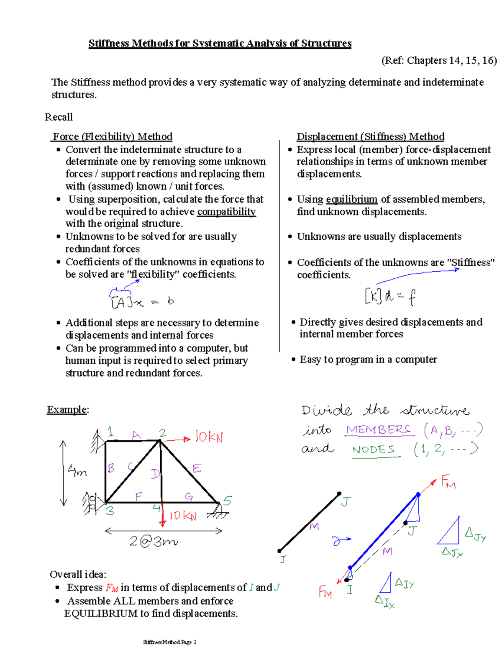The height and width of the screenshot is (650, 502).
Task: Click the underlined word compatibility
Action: [x=226, y=212]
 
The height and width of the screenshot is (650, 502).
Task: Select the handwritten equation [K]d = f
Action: [x=390, y=296]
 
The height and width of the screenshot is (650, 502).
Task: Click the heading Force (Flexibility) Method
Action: [x=113, y=136]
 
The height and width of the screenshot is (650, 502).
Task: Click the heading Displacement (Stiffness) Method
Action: [x=370, y=136]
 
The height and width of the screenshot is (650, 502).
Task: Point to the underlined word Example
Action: [x=67, y=409]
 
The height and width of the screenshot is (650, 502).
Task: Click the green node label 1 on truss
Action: [x=110, y=432]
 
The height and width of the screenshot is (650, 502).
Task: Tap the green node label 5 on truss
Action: [x=227, y=501]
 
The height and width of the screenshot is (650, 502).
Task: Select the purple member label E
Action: [x=197, y=468]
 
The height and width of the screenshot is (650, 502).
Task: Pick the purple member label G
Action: [x=189, y=496]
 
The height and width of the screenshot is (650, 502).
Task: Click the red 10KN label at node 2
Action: [x=209, y=437]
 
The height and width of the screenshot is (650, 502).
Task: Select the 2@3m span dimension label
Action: [x=153, y=542]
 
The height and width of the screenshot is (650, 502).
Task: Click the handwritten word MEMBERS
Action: [x=379, y=430]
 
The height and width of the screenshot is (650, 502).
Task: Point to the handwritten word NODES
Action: [x=374, y=450]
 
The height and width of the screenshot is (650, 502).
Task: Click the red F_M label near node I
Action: [x=325, y=592]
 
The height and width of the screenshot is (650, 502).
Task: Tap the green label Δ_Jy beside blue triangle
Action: [x=476, y=534]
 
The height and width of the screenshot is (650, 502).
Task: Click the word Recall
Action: [x=59, y=117]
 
